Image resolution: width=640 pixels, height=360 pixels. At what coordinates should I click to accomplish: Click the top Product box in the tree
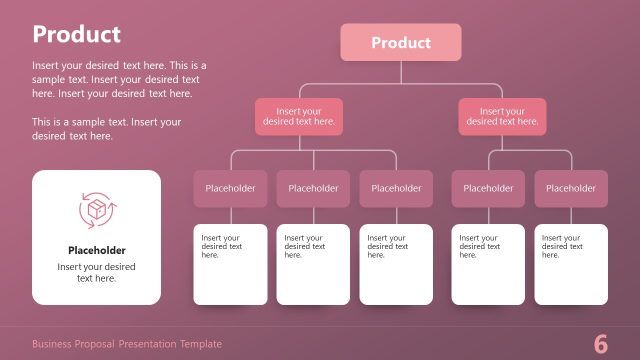tap(401, 43)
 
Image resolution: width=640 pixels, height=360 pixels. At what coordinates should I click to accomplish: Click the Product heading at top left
tap(76, 34)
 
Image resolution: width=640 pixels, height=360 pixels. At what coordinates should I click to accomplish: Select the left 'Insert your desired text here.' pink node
tap(299, 117)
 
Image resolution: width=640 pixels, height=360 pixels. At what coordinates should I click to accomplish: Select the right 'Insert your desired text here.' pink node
tap(502, 117)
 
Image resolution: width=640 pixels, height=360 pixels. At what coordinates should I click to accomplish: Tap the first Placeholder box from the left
tap(230, 188)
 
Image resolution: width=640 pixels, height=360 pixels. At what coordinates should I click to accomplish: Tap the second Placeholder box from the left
tap(313, 188)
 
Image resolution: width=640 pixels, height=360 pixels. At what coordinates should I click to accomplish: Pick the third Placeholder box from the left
tap(396, 188)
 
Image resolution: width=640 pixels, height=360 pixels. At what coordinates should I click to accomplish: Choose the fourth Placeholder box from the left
tap(488, 188)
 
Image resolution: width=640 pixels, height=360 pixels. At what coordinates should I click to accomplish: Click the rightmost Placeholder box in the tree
tap(571, 188)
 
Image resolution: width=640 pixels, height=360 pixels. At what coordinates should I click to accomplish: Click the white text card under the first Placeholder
tap(230, 265)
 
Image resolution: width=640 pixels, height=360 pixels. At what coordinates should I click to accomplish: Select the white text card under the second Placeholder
tap(313, 265)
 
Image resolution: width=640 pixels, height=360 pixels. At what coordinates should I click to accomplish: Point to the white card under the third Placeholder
tap(396, 265)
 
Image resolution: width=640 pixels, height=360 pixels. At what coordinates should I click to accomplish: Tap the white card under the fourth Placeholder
tap(488, 265)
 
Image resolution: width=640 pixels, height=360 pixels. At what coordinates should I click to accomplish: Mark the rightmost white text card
tap(571, 265)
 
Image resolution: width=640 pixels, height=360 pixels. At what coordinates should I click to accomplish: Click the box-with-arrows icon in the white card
tap(97, 209)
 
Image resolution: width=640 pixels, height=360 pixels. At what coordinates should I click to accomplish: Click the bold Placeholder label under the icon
tap(97, 251)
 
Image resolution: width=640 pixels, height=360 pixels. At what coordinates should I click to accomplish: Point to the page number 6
tap(601, 344)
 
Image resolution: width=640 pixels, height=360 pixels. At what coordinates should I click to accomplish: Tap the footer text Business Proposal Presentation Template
tap(127, 344)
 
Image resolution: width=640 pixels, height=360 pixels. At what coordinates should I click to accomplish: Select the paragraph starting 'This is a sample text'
tap(107, 129)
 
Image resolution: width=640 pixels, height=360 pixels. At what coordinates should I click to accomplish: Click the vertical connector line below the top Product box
tap(401, 71)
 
